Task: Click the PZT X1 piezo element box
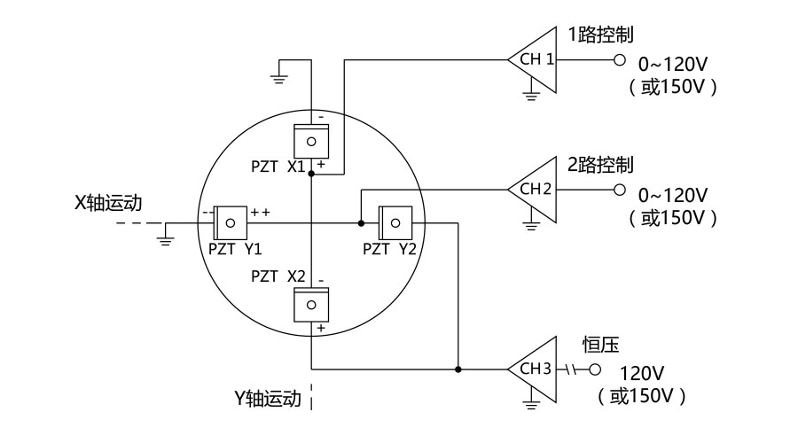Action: [311, 141]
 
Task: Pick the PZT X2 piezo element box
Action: [311, 304]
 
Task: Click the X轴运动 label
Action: [107, 202]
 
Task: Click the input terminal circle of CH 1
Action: [619, 60]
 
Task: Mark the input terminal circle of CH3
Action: [594, 369]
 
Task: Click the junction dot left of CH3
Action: [458, 369]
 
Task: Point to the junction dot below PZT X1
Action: [311, 175]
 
